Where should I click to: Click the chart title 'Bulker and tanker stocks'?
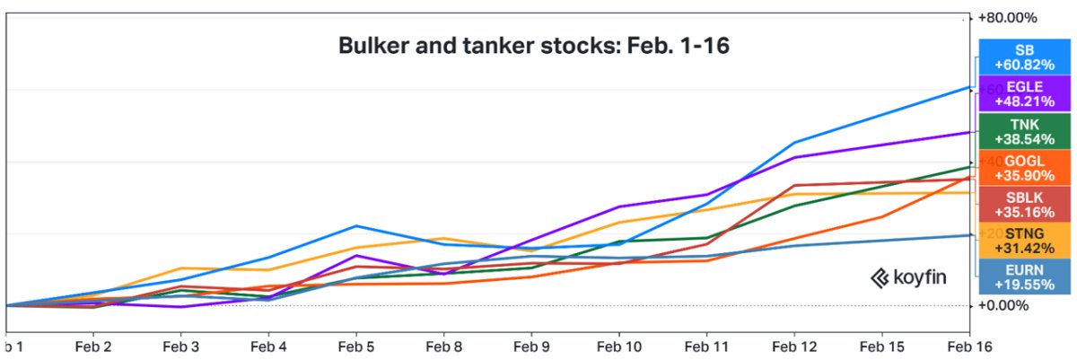(x=533, y=45)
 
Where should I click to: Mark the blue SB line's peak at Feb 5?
(x=356, y=226)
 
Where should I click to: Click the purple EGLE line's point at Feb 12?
(x=795, y=157)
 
